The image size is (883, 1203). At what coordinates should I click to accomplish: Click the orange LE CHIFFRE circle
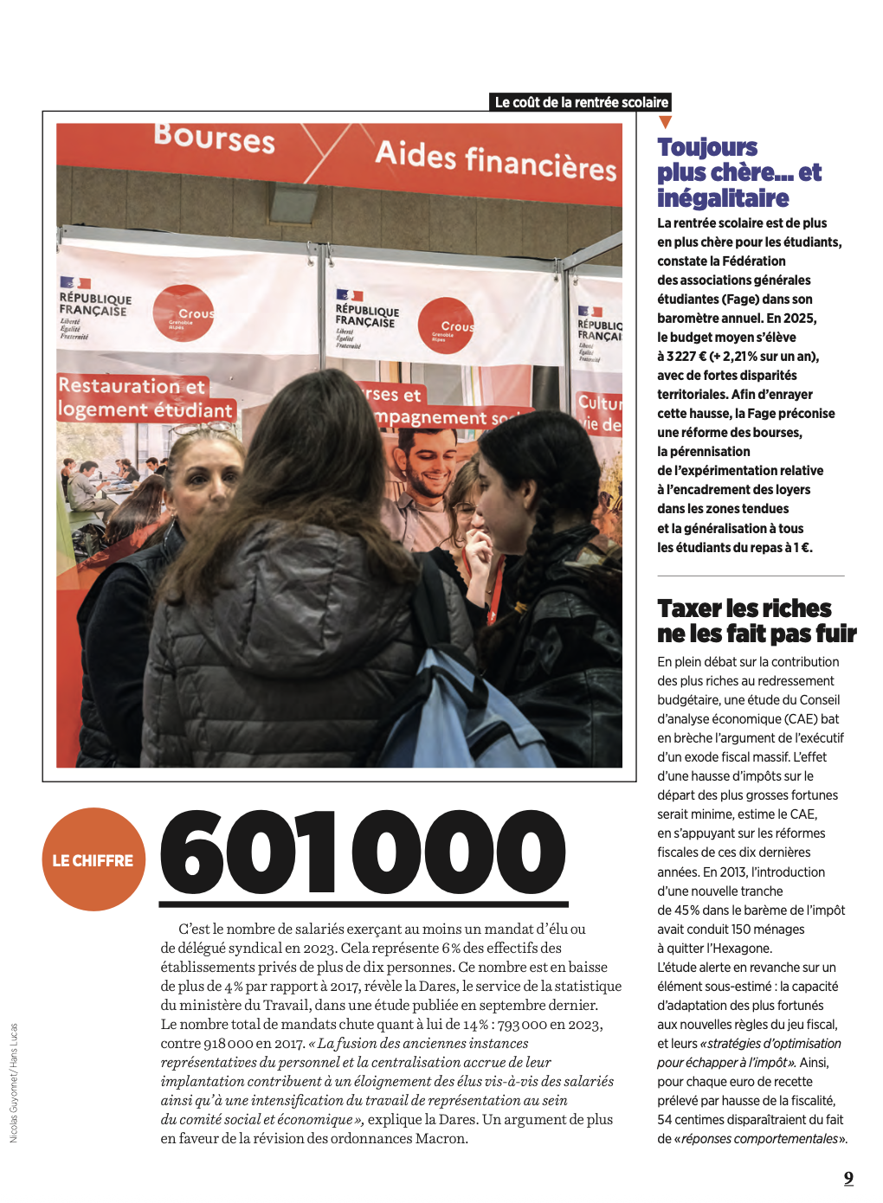click(93, 859)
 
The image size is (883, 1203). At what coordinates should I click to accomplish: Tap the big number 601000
click(363, 852)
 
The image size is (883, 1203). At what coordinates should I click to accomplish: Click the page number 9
click(848, 1178)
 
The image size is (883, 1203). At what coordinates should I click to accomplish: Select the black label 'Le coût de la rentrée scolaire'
click(581, 102)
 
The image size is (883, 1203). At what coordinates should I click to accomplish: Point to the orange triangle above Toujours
click(665, 123)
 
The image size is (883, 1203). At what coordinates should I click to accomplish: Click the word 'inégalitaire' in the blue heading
click(723, 198)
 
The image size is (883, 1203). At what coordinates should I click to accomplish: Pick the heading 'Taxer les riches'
click(744, 608)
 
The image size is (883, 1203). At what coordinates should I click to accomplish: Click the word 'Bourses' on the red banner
click(215, 138)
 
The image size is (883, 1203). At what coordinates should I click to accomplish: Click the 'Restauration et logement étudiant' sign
click(145, 398)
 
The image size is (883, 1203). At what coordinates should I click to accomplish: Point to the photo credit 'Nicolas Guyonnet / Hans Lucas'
click(14, 1083)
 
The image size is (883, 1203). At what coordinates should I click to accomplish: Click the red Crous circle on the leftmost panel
click(184, 312)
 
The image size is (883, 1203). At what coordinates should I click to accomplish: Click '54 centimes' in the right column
click(693, 1120)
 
